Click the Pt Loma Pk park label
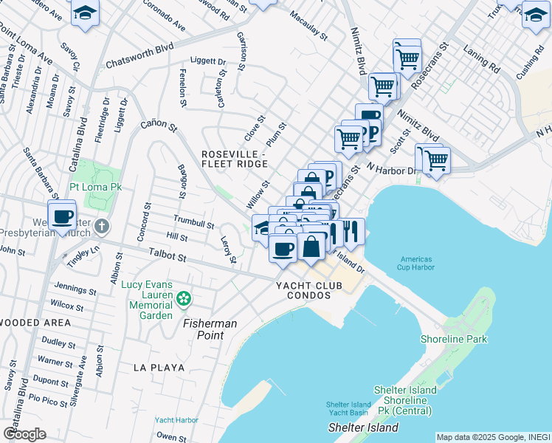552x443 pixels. (95, 187)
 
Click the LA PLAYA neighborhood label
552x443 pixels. (158, 367)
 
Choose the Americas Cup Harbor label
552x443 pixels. (422, 264)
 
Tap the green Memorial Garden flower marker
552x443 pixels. (184, 299)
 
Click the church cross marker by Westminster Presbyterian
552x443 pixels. (102, 226)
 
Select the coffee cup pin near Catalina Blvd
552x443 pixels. (63, 215)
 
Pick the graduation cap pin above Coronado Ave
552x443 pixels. (86, 13)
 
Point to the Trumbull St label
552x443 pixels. (193, 220)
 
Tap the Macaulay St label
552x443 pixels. (308, 24)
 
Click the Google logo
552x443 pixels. (24, 433)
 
